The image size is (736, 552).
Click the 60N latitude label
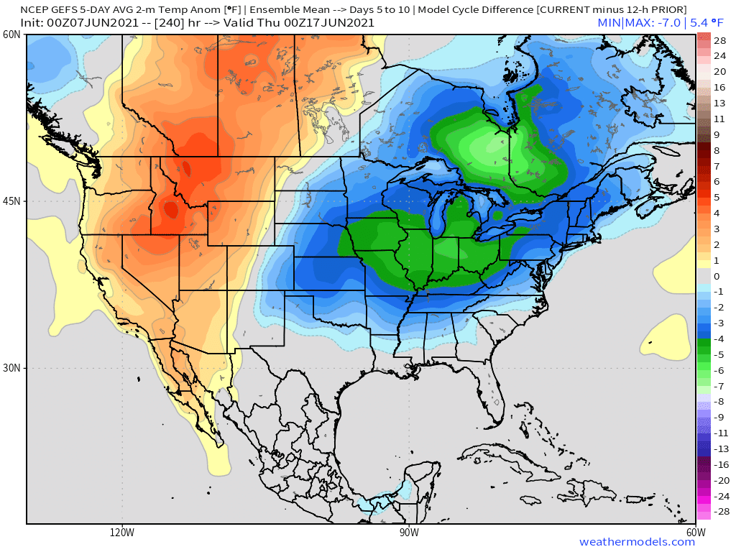tap(10, 35)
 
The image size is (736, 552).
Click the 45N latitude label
tap(10, 201)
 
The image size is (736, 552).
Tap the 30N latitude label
tap(10, 367)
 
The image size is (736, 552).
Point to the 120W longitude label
tap(122, 533)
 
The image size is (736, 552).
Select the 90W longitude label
tap(409, 533)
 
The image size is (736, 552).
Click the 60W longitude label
tap(695, 533)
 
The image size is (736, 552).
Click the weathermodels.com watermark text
tap(637, 542)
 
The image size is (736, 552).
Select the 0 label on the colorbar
tap(717, 276)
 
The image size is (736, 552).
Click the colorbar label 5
tap(717, 197)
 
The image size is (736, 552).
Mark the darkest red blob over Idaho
tap(170, 210)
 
